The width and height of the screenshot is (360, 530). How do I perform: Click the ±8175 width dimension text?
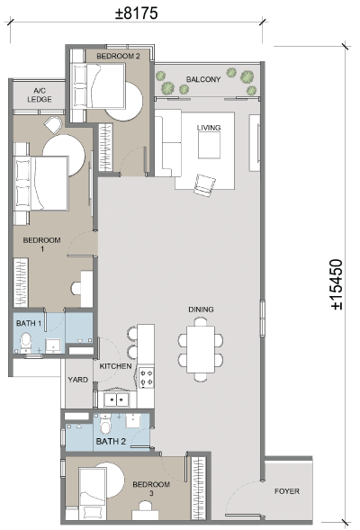(x=137, y=13)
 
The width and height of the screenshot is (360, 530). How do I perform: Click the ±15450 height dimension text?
(x=337, y=284)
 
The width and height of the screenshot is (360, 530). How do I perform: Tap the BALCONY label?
(x=203, y=79)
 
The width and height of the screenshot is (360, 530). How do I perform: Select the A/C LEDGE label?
(x=40, y=95)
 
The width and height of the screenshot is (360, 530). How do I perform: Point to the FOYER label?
(x=286, y=491)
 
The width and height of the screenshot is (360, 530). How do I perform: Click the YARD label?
(x=77, y=380)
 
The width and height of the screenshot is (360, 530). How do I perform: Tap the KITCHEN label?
(x=115, y=366)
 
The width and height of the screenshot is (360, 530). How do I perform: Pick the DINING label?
(x=201, y=310)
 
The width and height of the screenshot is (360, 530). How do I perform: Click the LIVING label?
(x=209, y=128)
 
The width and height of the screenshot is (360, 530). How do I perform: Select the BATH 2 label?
(x=111, y=441)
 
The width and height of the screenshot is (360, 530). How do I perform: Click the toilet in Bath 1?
(x=26, y=342)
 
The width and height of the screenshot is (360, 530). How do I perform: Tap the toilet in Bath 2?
(x=105, y=424)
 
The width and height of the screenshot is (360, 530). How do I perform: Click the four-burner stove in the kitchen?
(x=147, y=378)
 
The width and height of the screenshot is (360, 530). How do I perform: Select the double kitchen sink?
(x=116, y=400)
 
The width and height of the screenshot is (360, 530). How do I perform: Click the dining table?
(x=201, y=349)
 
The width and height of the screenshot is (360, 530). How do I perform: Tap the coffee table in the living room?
(x=209, y=145)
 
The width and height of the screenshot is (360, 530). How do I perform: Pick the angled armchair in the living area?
(x=204, y=184)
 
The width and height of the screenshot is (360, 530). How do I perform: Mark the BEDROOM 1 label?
(x=42, y=245)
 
